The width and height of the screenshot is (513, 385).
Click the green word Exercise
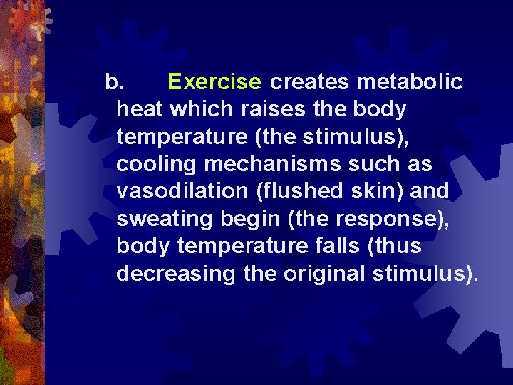pos(214,83)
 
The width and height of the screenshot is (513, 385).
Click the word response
pos(391,219)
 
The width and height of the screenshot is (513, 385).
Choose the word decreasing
pos(175,273)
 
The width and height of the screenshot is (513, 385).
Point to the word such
pos(370,164)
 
